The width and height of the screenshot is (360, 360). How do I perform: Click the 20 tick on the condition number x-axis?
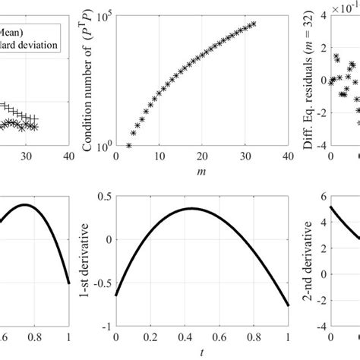[201, 157]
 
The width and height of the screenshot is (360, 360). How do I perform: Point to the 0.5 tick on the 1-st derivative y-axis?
[103, 195]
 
